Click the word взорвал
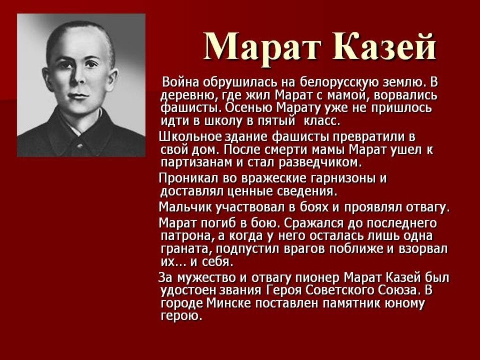[x=423, y=249]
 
